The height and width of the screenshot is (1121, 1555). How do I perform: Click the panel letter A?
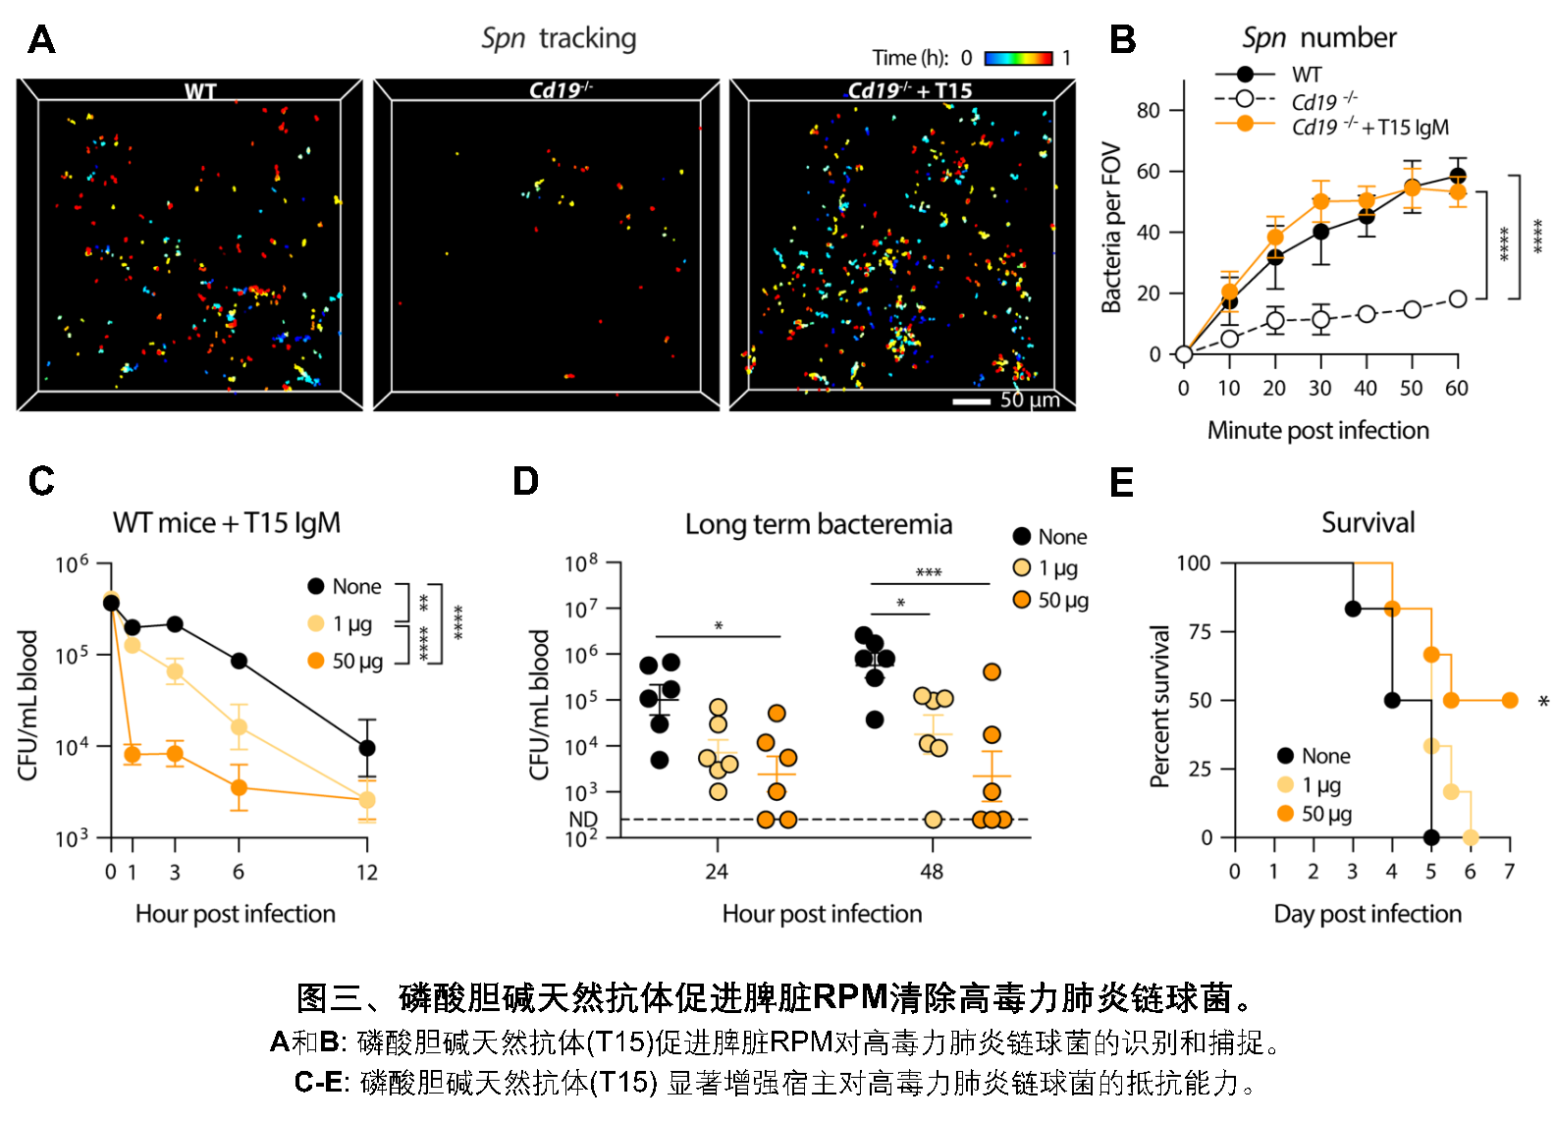click(41, 40)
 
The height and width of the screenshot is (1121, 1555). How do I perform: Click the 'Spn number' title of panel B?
click(1318, 38)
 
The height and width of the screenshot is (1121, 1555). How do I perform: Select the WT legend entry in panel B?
click(1306, 75)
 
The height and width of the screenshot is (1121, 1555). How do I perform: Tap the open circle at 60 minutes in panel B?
click(1457, 298)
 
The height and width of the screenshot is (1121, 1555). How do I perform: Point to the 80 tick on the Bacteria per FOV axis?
click(1148, 111)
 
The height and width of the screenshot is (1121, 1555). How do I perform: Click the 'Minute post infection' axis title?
click(1317, 430)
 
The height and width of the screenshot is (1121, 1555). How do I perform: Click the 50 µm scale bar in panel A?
click(971, 400)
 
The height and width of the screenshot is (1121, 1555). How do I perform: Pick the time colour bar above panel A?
click(1018, 59)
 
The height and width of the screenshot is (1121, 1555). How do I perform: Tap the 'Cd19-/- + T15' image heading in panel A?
click(910, 90)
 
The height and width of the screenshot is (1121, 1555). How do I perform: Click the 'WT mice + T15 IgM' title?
click(227, 523)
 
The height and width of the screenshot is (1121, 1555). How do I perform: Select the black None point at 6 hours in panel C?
click(239, 661)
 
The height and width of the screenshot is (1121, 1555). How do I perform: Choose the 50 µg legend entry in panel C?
click(356, 662)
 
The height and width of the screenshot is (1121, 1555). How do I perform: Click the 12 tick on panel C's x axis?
click(367, 872)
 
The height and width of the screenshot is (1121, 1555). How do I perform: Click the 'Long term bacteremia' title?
click(819, 524)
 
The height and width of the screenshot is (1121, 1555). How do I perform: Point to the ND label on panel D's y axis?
click(583, 819)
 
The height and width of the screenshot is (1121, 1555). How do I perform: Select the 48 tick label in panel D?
click(931, 871)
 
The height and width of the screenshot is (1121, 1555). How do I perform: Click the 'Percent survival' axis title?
click(1160, 706)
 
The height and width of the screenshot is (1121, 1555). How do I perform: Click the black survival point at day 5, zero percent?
click(1431, 837)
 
